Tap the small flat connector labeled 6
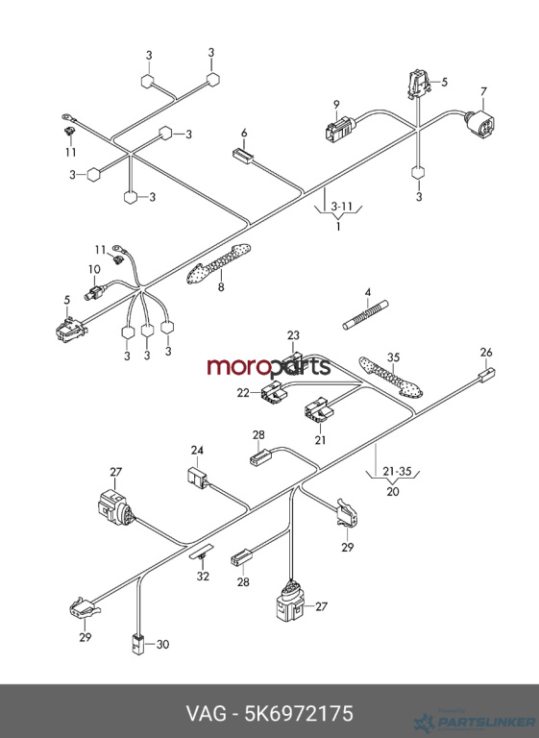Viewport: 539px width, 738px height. click(x=242, y=156)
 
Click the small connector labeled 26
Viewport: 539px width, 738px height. click(x=487, y=374)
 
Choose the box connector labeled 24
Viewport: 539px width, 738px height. click(x=198, y=478)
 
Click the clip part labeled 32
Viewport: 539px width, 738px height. click(x=202, y=553)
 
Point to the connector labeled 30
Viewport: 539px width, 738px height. click(x=136, y=645)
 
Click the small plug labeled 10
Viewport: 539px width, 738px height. click(x=95, y=292)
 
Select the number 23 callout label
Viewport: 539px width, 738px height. click(x=293, y=335)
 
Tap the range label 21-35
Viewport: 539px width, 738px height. click(x=397, y=471)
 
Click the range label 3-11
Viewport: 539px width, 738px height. click(x=341, y=207)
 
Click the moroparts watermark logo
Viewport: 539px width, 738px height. click(x=269, y=367)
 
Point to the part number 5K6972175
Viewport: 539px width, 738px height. click(x=299, y=714)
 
